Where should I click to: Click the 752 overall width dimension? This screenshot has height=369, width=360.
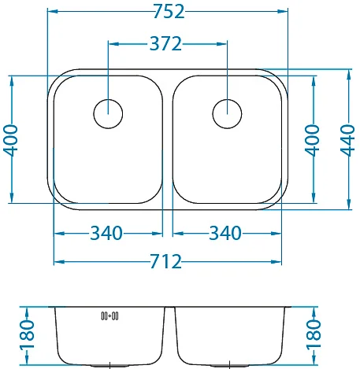tap(169, 12)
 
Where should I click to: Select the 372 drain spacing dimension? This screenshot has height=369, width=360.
tap(165, 43)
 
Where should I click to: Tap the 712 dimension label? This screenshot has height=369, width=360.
tap(165, 261)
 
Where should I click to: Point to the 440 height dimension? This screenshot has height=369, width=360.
tap(347, 140)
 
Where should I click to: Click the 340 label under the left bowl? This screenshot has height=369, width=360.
tap(106, 233)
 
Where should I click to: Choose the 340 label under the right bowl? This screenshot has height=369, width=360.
tap(225, 233)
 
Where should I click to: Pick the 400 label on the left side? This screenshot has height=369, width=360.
tap(10, 140)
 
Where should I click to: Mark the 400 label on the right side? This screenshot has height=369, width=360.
tap(312, 140)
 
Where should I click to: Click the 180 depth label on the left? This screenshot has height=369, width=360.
tap(27, 334)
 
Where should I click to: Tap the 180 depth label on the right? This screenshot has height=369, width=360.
tap(314, 334)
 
